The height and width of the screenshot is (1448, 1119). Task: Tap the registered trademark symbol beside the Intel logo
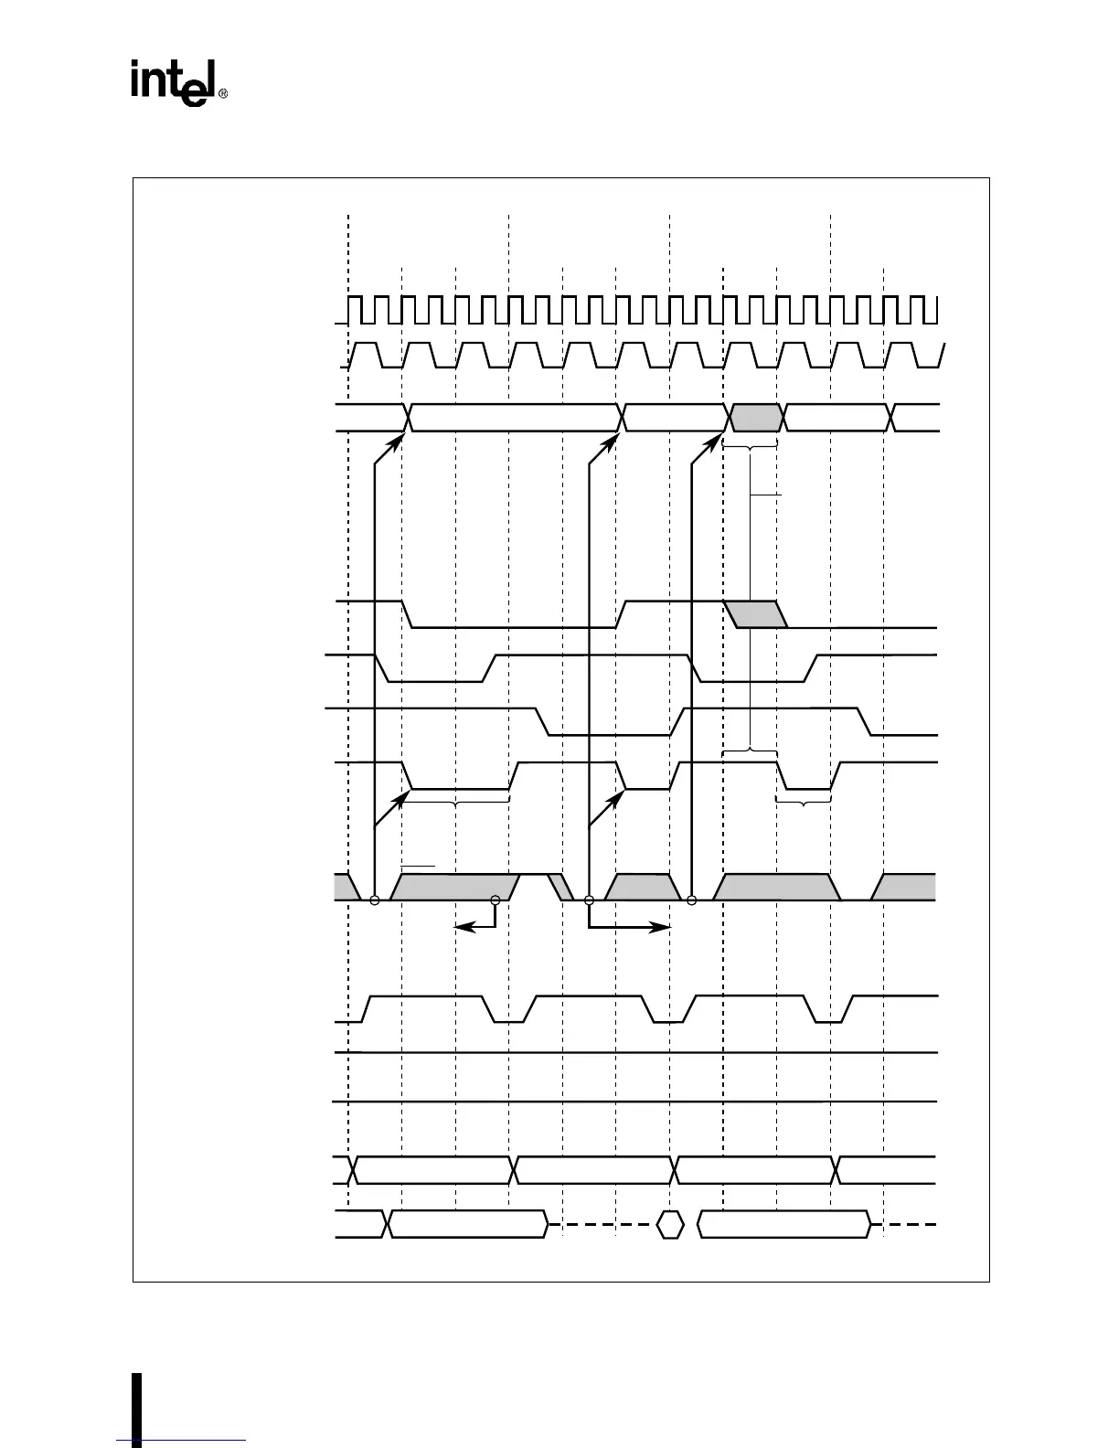pyautogui.click(x=222, y=93)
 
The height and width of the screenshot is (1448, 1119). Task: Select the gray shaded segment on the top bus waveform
pyautogui.click(x=756, y=418)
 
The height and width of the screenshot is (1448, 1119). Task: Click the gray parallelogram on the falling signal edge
pyautogui.click(x=756, y=614)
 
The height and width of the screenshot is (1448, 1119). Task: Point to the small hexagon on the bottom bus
pyautogui.click(x=670, y=1224)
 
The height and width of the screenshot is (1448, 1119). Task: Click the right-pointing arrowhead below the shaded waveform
pyautogui.click(x=665, y=927)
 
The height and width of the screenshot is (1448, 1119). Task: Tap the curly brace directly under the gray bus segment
pyautogui.click(x=750, y=445)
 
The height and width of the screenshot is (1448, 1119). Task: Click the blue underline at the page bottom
pyautogui.click(x=182, y=1442)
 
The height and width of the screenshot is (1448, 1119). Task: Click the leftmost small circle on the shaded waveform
pyautogui.click(x=374, y=900)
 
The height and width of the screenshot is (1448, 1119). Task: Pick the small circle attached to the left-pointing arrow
pyautogui.click(x=496, y=900)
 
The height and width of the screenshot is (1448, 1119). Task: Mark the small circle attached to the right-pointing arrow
pyautogui.click(x=589, y=900)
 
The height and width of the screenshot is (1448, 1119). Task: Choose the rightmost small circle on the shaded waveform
pyautogui.click(x=691, y=900)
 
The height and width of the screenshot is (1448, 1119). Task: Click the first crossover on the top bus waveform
pyautogui.click(x=409, y=418)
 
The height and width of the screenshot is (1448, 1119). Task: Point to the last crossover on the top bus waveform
pyautogui.click(x=892, y=418)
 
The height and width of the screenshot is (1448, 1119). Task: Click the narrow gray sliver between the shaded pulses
pyautogui.click(x=559, y=887)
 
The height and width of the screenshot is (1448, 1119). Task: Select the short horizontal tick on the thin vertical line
pyautogui.click(x=766, y=495)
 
